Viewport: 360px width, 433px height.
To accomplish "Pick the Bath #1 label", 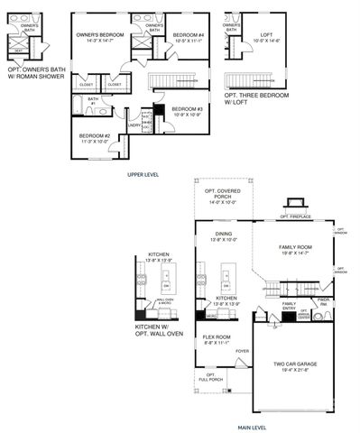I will (x=93, y=102).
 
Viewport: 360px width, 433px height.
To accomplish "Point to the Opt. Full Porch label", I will (x=210, y=376).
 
